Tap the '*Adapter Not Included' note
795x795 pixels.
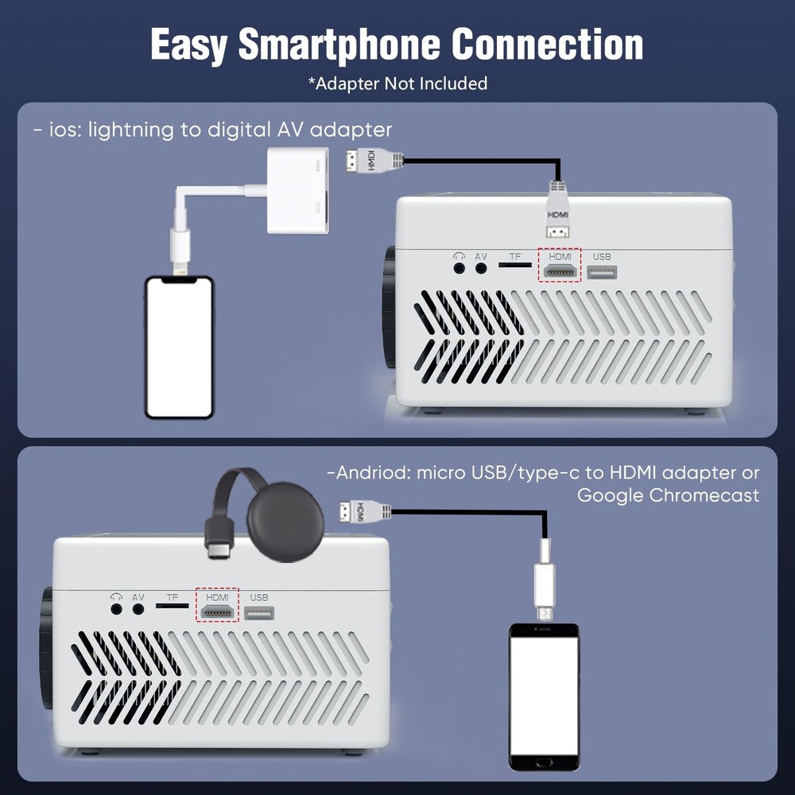[398, 83]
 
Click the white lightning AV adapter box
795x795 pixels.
[297, 191]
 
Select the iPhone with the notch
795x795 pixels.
[179, 347]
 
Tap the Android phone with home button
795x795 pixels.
[544, 697]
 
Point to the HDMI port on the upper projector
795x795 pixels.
[560, 272]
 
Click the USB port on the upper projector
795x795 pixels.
[602, 272]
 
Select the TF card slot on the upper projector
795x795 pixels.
[514, 265]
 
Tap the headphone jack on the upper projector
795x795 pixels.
[459, 268]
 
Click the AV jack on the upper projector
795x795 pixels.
[481, 268]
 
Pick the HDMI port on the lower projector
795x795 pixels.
[217, 612]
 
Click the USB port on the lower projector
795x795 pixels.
[259, 613]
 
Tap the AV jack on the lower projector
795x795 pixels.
[138, 609]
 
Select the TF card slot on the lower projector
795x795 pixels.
[172, 605]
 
